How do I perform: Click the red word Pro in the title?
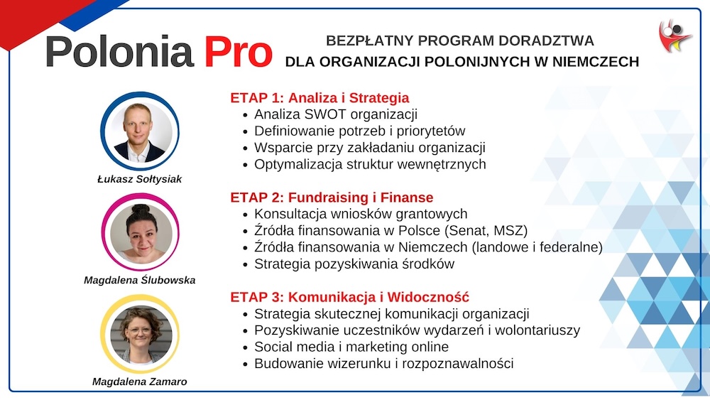coord(238,52)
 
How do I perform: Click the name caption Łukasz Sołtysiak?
coord(139,179)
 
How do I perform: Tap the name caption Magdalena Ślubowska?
coord(139,280)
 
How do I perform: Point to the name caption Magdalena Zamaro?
coord(139,382)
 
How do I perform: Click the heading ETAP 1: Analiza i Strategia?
coord(319,98)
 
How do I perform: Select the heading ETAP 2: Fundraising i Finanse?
coord(332,198)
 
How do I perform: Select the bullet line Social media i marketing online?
coord(351,347)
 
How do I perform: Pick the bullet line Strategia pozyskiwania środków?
coord(354,264)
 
